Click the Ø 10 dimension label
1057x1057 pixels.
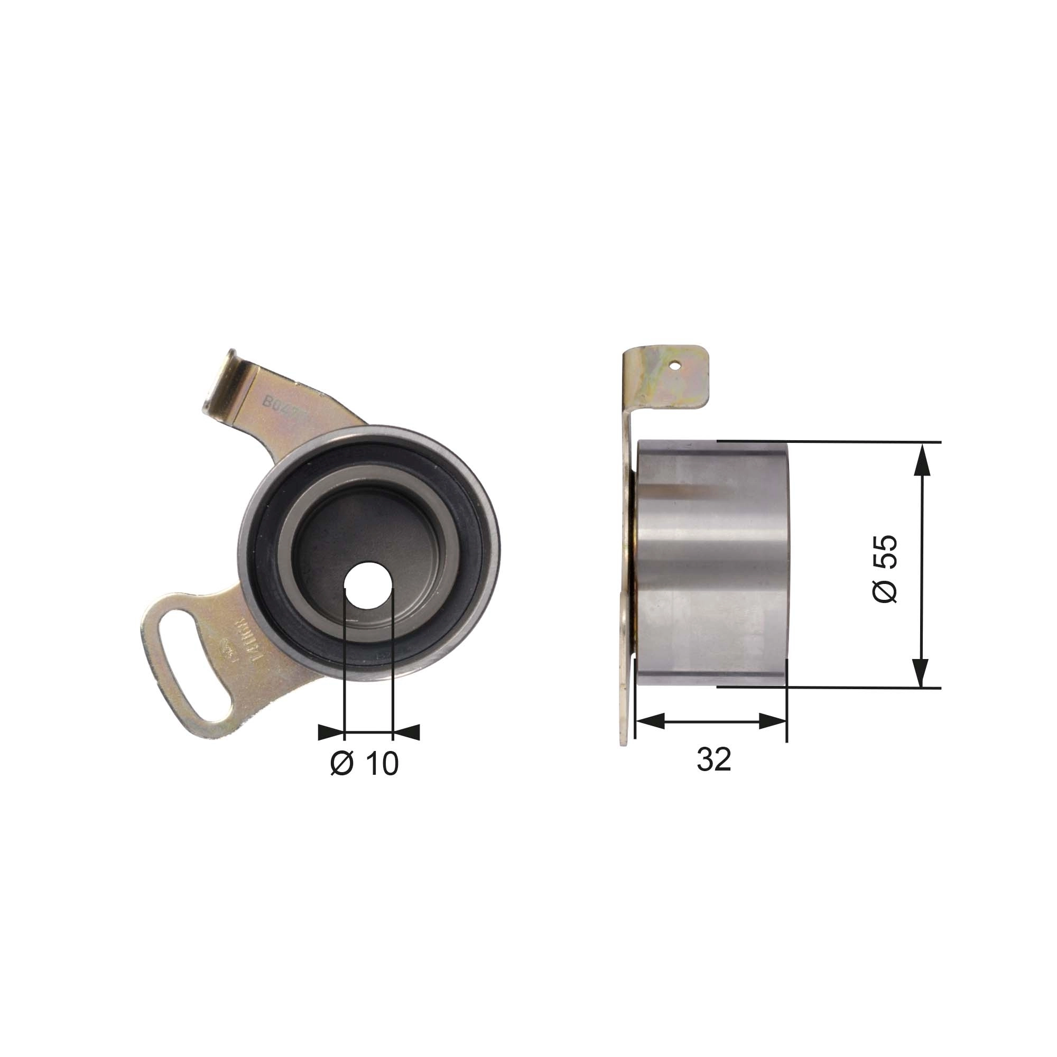365,763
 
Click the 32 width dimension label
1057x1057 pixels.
713,759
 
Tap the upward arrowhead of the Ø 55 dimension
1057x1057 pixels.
922,460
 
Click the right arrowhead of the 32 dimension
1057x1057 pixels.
773,721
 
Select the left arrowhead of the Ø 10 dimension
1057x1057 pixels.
331,732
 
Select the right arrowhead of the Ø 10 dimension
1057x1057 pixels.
406,732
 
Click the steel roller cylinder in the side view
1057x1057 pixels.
711,563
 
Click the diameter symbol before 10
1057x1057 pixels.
342,763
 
